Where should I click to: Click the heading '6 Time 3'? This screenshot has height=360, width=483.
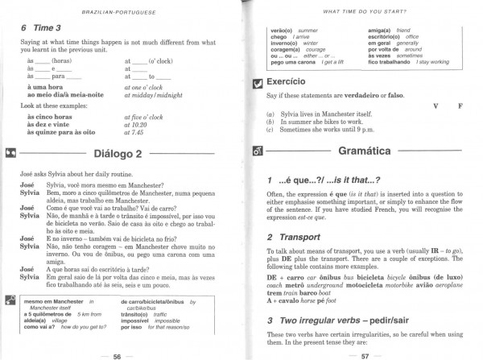tap(40, 27)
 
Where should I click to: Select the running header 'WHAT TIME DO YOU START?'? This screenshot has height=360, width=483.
tap(361, 10)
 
